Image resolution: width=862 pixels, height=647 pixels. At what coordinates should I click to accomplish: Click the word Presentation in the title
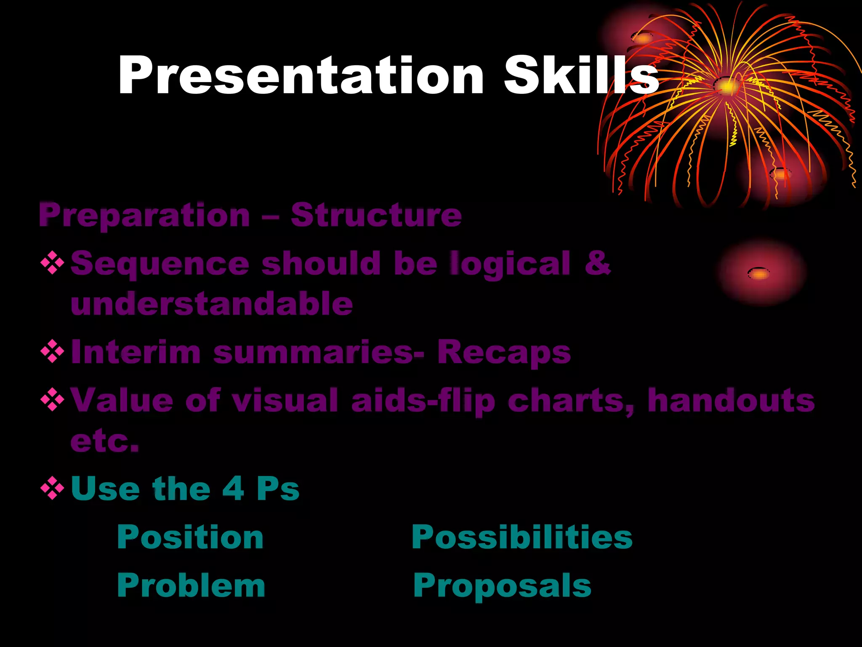pos(301,76)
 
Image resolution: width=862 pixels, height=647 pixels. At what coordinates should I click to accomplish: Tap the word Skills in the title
pos(581,76)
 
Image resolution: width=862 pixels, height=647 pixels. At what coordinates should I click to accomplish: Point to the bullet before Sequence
pos(52,263)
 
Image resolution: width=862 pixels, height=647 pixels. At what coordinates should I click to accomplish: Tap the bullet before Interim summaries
pos(52,351)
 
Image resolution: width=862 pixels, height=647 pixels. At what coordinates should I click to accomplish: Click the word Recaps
pos(504,352)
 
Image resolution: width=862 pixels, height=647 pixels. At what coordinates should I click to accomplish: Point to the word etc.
pos(104,441)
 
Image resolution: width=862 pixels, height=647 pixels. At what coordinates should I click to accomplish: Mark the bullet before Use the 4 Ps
pos(52,489)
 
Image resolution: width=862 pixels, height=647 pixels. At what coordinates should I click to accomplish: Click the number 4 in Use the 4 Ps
pos(233,489)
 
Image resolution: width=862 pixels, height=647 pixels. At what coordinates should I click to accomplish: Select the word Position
pos(190,537)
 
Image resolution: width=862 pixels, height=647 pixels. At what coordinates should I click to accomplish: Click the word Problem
pos(191,586)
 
